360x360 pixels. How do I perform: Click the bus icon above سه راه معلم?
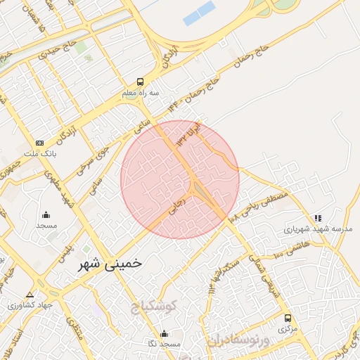[141, 82]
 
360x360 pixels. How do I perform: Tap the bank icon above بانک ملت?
[39, 143]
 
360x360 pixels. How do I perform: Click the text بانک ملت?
[39, 153]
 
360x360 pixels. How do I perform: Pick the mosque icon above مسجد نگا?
[165, 333]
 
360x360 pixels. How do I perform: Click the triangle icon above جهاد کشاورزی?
[29, 295]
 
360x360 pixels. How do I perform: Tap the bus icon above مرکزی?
[286, 319]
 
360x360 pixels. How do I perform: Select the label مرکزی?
[285, 328]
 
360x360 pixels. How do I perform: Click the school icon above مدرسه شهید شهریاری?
[318, 218]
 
